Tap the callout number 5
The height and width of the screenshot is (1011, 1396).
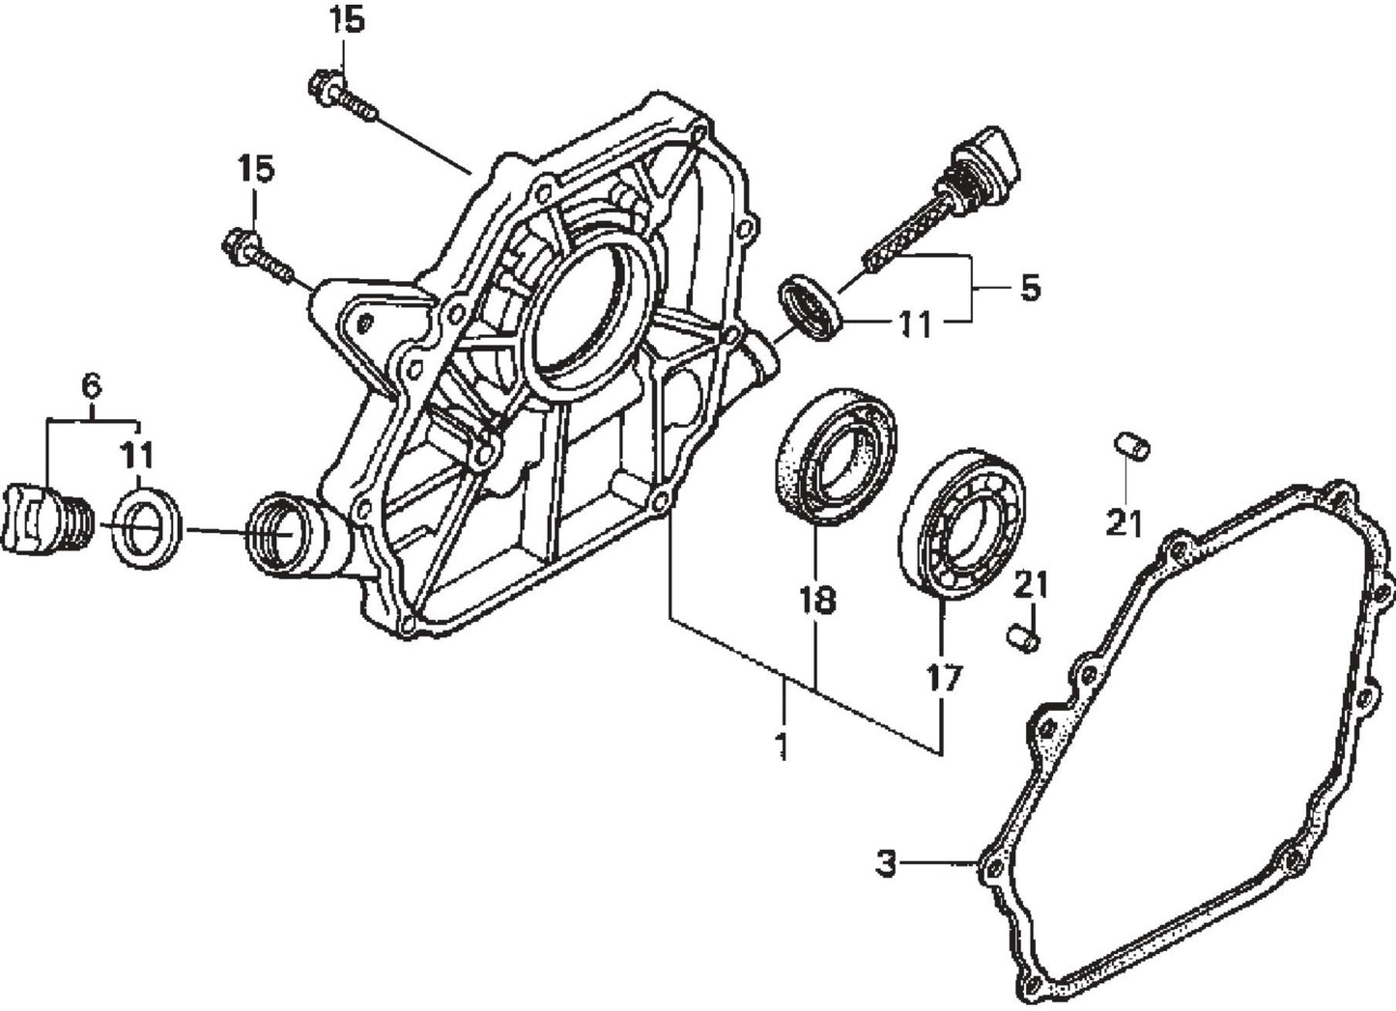click(x=1031, y=288)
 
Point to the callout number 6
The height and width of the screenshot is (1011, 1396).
click(x=90, y=386)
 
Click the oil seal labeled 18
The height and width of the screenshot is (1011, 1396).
click(x=837, y=455)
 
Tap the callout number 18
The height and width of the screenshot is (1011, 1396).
click(x=815, y=601)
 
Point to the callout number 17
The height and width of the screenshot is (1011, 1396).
click(x=944, y=678)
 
